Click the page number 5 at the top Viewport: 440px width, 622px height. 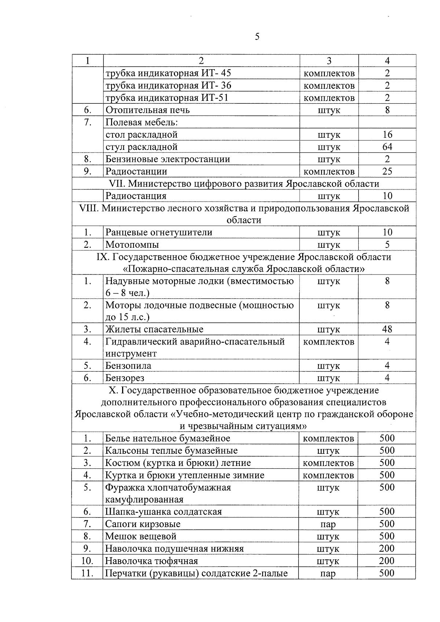click(x=257, y=37)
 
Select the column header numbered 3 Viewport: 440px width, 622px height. click(x=329, y=61)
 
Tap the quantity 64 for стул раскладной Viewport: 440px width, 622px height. click(x=387, y=147)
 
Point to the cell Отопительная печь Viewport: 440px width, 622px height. click(x=147, y=110)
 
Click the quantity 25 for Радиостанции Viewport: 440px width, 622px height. click(x=387, y=172)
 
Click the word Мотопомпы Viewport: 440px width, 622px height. click(x=132, y=245)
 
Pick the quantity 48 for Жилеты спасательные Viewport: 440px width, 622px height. click(x=387, y=329)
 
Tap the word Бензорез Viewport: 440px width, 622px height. click(x=125, y=378)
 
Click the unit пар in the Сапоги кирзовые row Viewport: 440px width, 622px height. click(x=328, y=524)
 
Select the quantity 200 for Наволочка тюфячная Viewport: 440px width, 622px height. click(x=387, y=561)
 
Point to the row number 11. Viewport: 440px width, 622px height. click(x=87, y=573)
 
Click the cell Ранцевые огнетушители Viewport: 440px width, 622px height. click(x=159, y=232)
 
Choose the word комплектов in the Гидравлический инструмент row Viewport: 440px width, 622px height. click(x=329, y=342)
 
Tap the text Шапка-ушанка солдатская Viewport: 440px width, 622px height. click(x=164, y=512)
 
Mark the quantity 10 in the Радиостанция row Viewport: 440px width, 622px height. click(x=387, y=196)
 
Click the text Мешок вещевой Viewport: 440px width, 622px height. click(x=141, y=536)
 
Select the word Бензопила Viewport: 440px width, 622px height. click(x=128, y=366)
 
